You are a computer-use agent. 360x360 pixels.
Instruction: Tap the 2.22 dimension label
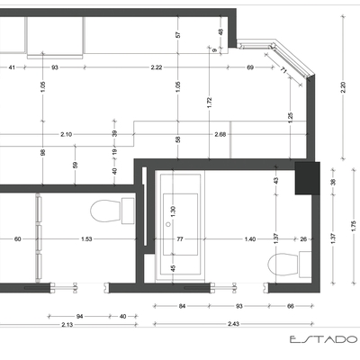pyautogui.click(x=156, y=67)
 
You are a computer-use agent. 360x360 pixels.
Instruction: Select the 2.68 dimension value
pyautogui.click(x=220, y=135)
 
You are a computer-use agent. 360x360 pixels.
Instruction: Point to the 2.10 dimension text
pyautogui.click(x=67, y=135)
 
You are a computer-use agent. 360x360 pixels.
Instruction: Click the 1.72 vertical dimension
pyautogui.click(x=209, y=103)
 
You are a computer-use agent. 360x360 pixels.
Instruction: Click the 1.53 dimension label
pyautogui.click(x=86, y=239)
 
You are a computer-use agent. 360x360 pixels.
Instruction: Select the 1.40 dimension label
pyautogui.click(x=249, y=239)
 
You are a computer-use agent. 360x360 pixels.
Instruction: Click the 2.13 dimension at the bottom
pyautogui.click(x=67, y=323)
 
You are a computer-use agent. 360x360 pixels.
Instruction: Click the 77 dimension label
pyautogui.click(x=179, y=239)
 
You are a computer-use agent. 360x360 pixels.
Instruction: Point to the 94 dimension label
pyautogui.click(x=79, y=317)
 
